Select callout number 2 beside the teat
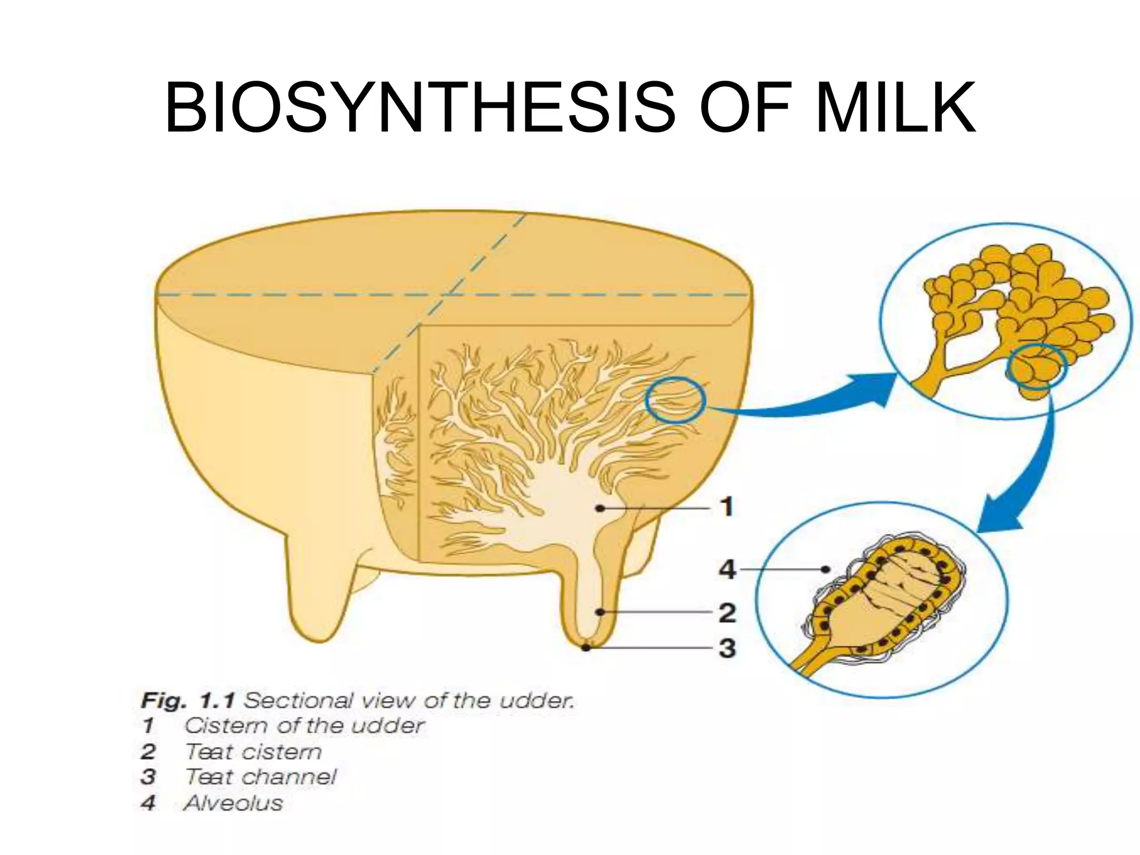tap(727, 613)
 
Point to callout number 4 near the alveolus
tap(727, 569)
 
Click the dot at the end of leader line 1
tap(600, 508)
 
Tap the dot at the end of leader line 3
tap(586, 648)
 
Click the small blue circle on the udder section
tap(675, 400)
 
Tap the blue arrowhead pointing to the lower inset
tap(999, 515)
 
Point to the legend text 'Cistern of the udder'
tap(304, 726)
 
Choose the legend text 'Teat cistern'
tap(253, 752)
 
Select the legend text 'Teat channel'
tap(261, 777)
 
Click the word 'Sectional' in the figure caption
tap(298, 700)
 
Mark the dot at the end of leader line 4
tap(827, 569)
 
